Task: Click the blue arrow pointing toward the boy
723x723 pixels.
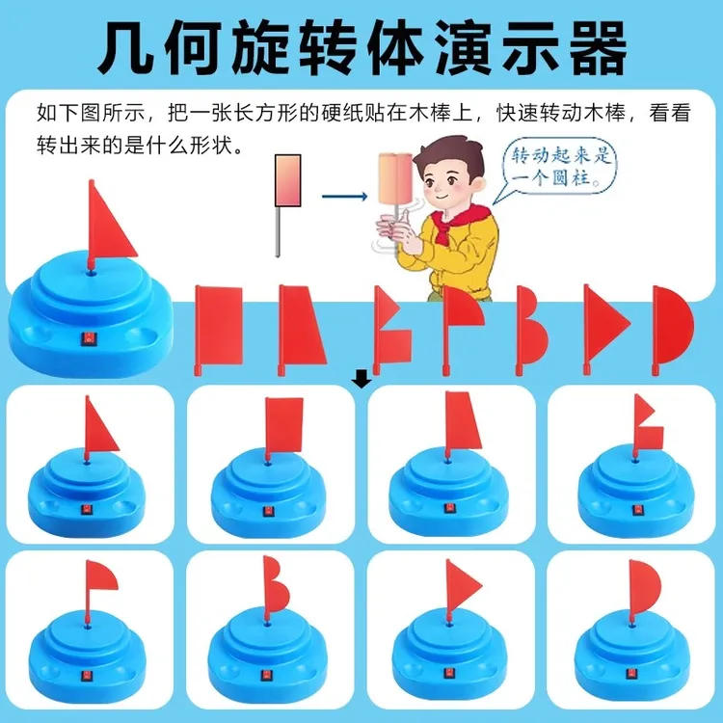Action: pos(344,197)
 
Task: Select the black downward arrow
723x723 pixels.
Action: pos(361,381)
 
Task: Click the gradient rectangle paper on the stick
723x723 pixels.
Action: pos(287,180)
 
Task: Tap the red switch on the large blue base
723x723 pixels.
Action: pos(87,340)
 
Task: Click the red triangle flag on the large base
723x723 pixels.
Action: pos(111,224)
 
